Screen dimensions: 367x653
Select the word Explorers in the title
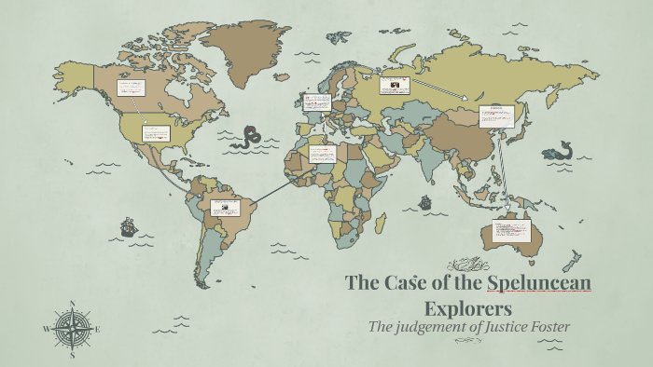click(x=469, y=306)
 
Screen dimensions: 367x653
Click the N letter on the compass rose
click(x=72, y=304)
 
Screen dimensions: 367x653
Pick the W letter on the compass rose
click(x=47, y=329)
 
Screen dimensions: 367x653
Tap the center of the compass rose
click(x=72, y=329)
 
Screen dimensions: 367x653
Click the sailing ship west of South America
click(x=128, y=226)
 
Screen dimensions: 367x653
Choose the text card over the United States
click(x=156, y=133)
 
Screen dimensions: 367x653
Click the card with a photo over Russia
click(x=396, y=86)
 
